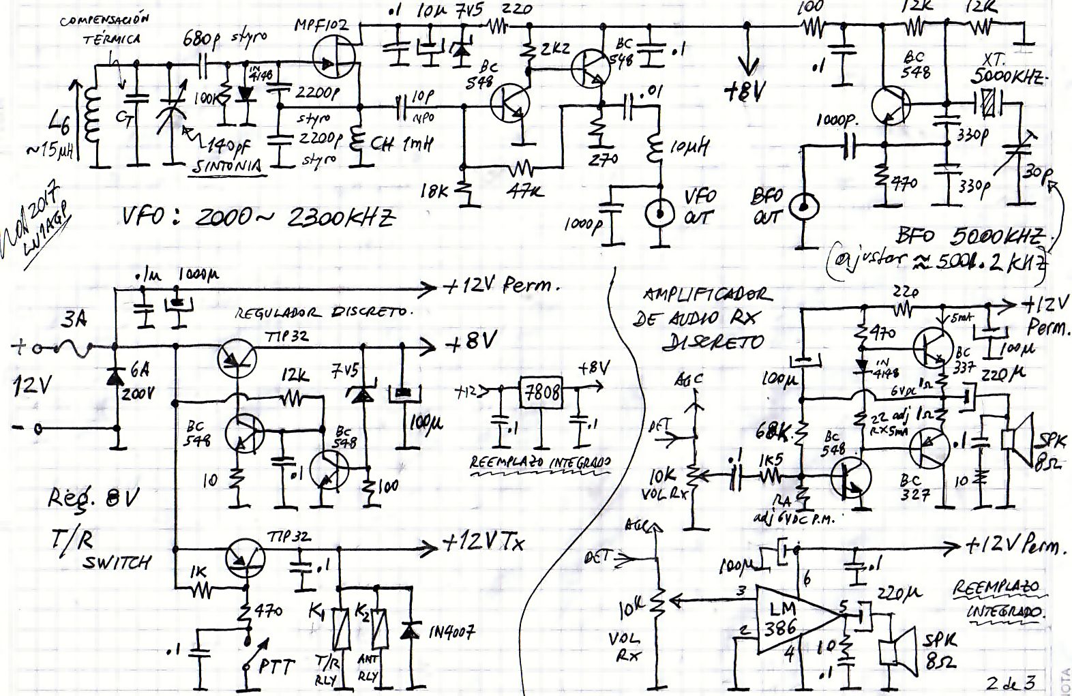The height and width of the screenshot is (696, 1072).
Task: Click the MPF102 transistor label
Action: click(321, 26)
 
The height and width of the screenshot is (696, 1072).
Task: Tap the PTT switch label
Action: click(276, 666)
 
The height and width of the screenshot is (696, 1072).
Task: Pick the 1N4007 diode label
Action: click(451, 632)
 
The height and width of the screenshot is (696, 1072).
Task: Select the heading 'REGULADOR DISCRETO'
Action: click(324, 312)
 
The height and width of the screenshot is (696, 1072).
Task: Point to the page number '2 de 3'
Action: click(1011, 682)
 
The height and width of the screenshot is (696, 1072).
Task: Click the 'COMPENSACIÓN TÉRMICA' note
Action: click(106, 29)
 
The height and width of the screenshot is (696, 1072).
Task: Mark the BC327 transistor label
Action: click(914, 487)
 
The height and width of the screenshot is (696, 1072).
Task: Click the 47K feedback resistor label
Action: click(525, 192)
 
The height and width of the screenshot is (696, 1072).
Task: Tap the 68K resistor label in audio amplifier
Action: click(774, 432)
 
